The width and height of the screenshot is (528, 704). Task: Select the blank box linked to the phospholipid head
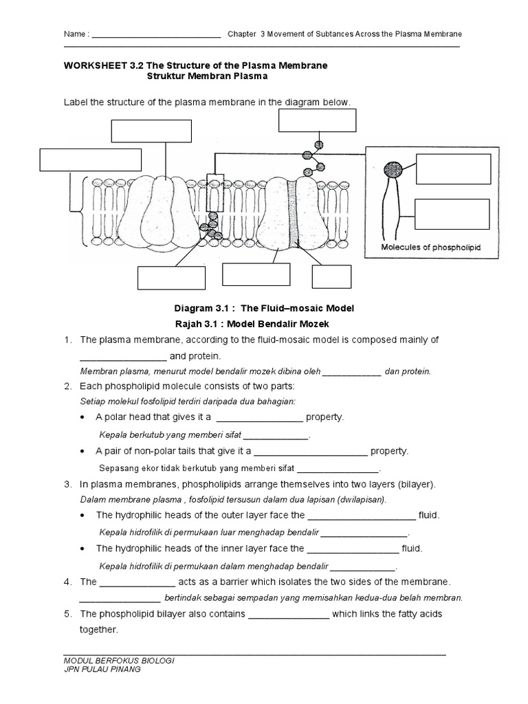point(453,169)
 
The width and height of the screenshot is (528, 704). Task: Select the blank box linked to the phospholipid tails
point(453,212)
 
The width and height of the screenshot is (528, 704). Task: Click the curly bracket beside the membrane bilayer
point(74,192)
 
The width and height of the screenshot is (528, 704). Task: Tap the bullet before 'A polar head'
point(83,417)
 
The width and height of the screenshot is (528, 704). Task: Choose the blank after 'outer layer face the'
point(361,516)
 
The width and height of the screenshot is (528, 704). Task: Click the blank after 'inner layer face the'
point(352,549)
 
